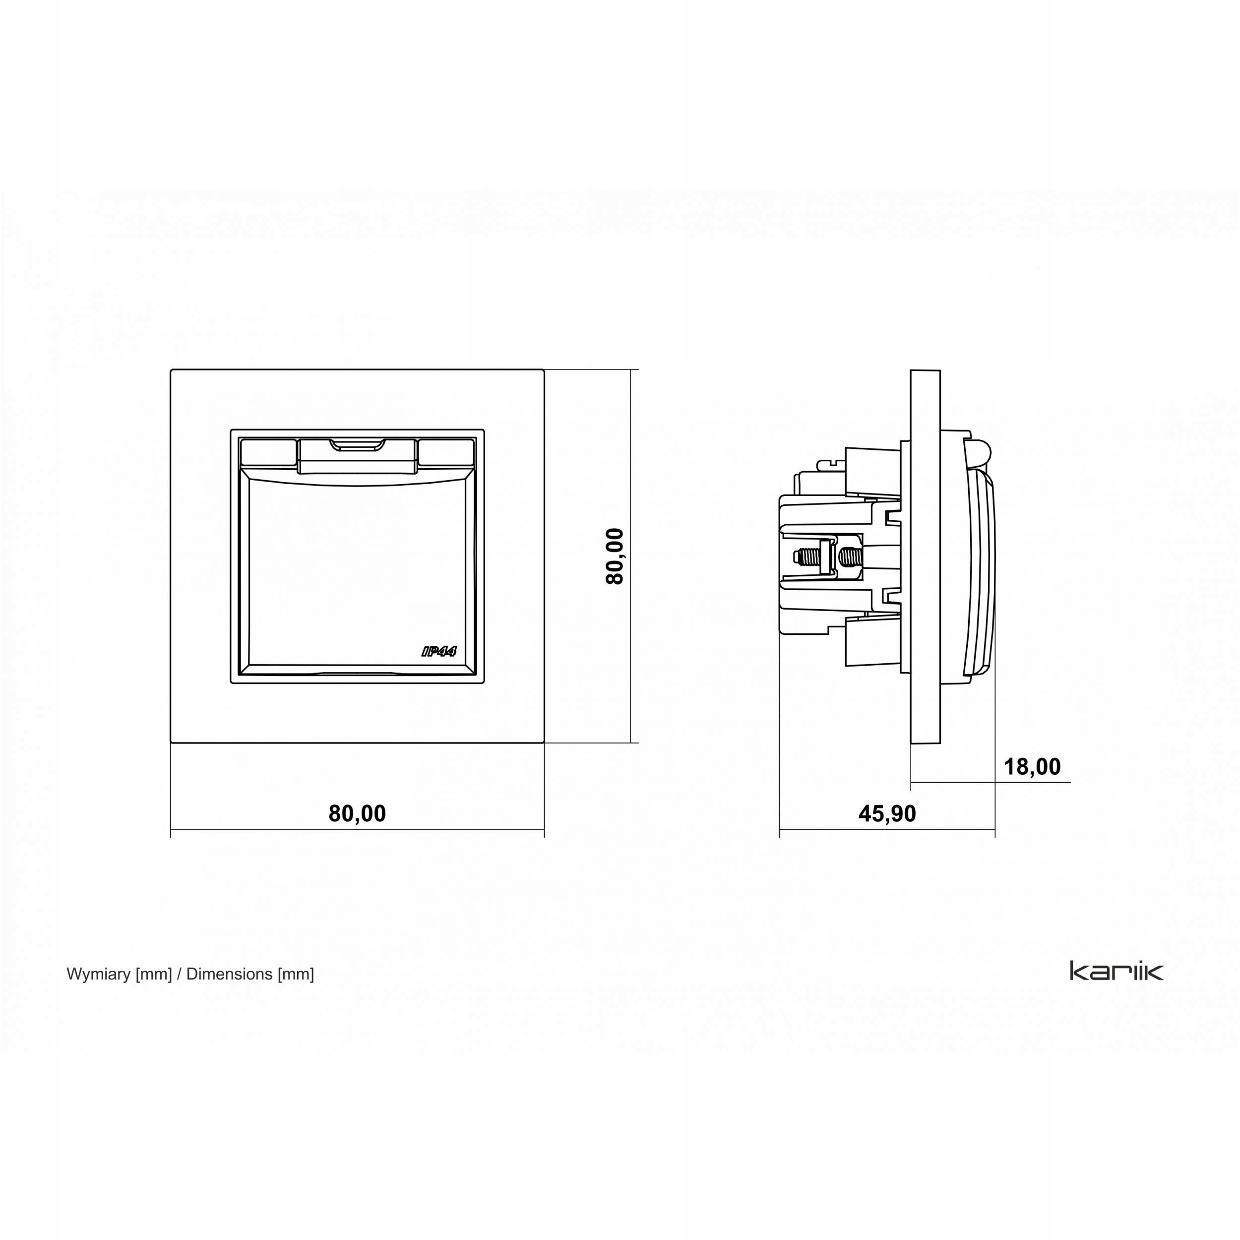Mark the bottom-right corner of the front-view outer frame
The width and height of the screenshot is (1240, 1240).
544,743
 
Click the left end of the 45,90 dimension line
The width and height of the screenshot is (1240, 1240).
779,829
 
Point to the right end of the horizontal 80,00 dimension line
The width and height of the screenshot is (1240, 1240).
544,829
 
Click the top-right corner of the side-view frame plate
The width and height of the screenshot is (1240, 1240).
940,371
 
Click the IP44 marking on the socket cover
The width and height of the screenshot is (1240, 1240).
439,651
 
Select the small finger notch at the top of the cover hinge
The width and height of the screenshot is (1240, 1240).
357,444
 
